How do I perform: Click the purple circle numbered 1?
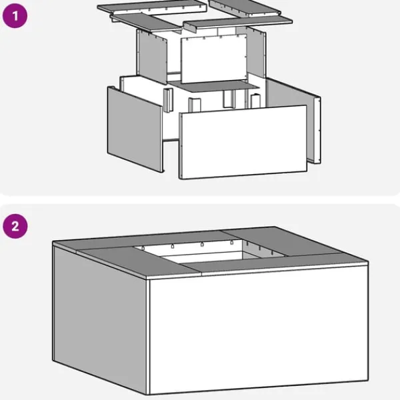click(x=15, y=16)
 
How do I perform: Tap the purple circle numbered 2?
click(x=15, y=226)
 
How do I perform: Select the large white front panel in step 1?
click(x=243, y=142)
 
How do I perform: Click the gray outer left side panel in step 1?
click(x=135, y=129)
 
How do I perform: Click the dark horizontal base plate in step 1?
click(x=214, y=86)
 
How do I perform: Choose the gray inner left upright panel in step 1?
click(x=151, y=57)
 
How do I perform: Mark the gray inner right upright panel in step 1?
click(x=256, y=51)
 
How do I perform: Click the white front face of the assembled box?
click(x=258, y=329)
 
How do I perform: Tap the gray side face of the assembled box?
click(x=100, y=320)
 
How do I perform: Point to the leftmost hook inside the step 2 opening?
click(x=143, y=248)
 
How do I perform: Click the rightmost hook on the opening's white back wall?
click(x=231, y=243)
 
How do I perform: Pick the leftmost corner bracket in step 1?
click(x=168, y=100)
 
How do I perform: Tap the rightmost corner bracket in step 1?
click(x=255, y=101)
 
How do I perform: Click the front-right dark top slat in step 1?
click(x=238, y=23)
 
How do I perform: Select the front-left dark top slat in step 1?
click(x=146, y=23)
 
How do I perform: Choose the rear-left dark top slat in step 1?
click(x=152, y=7)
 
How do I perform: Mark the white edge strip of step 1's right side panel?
click(x=317, y=130)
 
